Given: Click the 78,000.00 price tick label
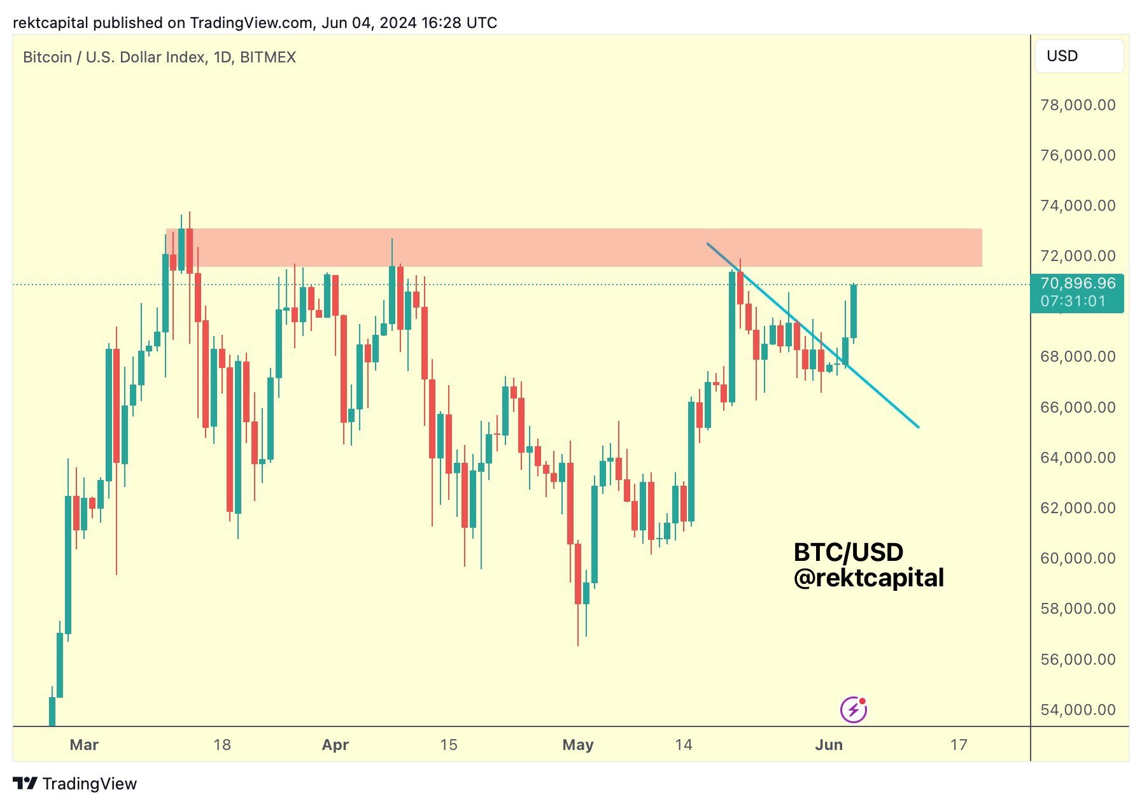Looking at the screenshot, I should pyautogui.click(x=1077, y=105).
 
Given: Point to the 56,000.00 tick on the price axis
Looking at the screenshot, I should pyautogui.click(x=1077, y=660).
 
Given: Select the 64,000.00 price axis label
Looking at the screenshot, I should pyautogui.click(x=1077, y=458).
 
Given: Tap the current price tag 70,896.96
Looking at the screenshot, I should pyautogui.click(x=1077, y=283).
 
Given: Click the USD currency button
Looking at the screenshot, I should pyautogui.click(x=1078, y=56).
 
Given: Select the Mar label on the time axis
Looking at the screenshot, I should pyautogui.click(x=84, y=745).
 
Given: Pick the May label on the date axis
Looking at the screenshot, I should pyautogui.click(x=577, y=745).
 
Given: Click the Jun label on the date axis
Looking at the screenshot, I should pyautogui.click(x=828, y=745).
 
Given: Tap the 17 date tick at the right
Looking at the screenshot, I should pyautogui.click(x=958, y=745).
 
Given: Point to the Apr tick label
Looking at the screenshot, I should pyautogui.click(x=335, y=745).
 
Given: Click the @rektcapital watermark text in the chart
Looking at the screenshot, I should pyautogui.click(x=868, y=578).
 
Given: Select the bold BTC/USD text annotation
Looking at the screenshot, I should pyautogui.click(x=848, y=552).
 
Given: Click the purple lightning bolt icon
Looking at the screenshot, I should pyautogui.click(x=853, y=710).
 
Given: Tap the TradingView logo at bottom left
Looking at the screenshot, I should pyautogui.click(x=75, y=784).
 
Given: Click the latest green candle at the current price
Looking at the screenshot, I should pyautogui.click(x=853, y=311).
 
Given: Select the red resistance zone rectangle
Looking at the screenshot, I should pyautogui.click(x=573, y=248).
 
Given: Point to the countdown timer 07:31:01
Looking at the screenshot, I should pyautogui.click(x=1073, y=301).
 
